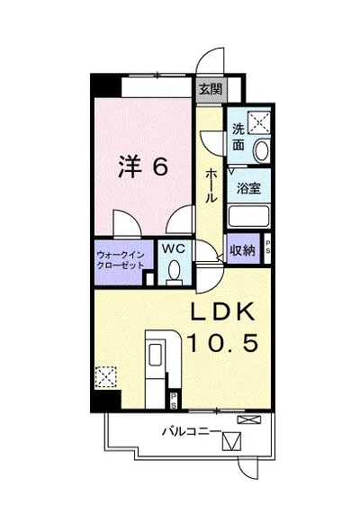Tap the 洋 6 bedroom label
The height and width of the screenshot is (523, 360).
tap(142, 167)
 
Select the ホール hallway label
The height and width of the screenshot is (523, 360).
tap(210, 184)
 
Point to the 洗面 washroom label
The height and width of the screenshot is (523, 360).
tap(238, 136)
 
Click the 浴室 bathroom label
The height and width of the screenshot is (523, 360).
tap(248, 188)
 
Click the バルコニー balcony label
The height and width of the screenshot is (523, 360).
tap(192, 431)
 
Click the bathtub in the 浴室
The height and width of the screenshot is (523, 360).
tap(249, 217)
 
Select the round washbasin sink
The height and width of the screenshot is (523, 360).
tap(263, 149)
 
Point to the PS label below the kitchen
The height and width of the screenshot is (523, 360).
tap(173, 397)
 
